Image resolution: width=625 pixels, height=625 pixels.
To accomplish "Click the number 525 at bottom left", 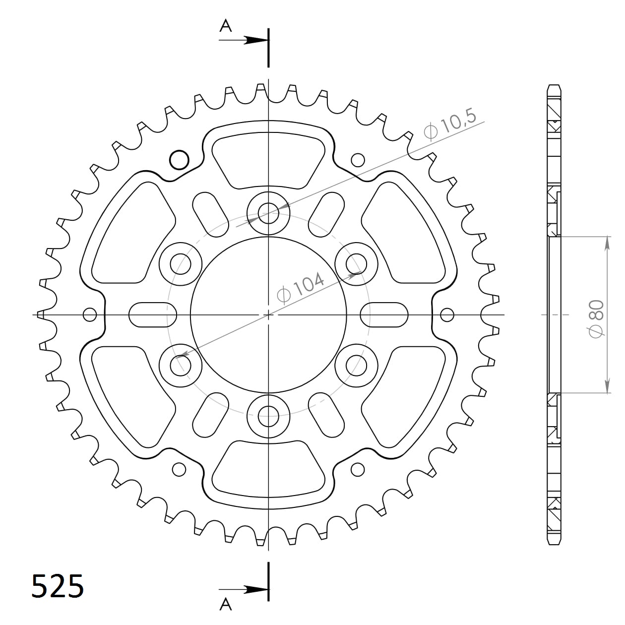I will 58,587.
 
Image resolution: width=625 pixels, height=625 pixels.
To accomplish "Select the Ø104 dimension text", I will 301,287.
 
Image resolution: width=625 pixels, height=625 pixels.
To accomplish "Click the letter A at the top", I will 226,26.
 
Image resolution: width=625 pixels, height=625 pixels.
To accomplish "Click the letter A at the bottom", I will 226,604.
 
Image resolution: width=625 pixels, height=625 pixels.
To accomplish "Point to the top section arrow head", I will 255,40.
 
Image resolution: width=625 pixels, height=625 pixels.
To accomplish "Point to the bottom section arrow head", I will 255,590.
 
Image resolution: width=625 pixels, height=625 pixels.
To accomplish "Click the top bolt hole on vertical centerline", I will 268,214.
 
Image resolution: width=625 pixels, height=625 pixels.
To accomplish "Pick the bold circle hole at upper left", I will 179,160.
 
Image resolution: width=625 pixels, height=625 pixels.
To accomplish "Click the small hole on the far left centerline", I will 90,314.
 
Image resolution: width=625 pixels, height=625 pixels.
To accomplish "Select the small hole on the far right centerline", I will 447,314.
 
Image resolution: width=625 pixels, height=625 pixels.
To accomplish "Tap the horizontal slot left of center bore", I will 152,314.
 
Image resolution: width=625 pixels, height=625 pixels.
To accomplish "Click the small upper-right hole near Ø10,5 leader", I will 357,160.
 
